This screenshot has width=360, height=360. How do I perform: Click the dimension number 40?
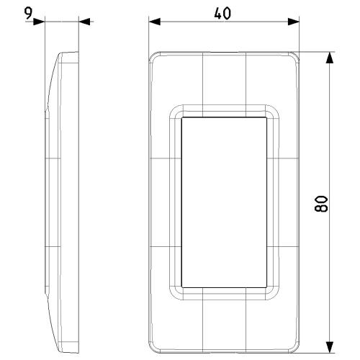click(x=222, y=13)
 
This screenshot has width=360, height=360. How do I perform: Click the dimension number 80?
click(x=321, y=204)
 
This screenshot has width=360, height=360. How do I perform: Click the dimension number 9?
click(x=28, y=13)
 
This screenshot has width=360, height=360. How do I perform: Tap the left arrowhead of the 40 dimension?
click(x=154, y=22)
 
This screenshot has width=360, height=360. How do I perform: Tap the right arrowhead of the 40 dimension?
click(x=294, y=22)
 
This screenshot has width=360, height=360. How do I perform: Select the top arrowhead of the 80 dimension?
click(x=330, y=58)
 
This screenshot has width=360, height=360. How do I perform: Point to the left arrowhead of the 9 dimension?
click(x=39, y=22)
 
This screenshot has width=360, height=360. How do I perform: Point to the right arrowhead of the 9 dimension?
click(x=84, y=22)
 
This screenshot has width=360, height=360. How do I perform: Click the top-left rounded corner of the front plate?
click(x=153, y=56)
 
